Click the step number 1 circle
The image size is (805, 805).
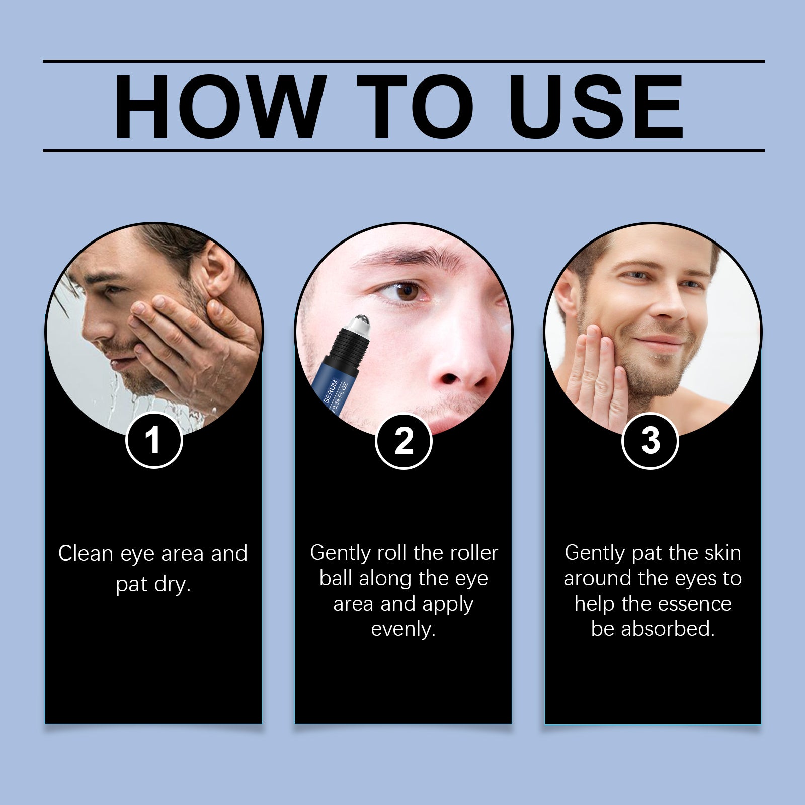click(x=153, y=440)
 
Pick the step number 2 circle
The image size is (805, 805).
click(x=404, y=440)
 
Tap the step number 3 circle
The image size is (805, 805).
click(x=651, y=440)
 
